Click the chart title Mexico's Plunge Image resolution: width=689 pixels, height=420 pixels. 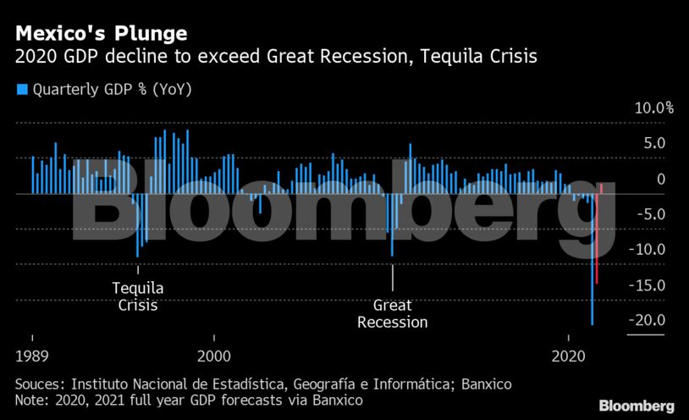tap(100, 35)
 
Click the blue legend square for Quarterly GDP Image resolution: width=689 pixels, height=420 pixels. tap(22, 89)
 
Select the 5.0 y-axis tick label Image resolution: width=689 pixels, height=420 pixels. tap(656, 144)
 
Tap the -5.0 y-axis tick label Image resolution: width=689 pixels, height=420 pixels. tap(653, 214)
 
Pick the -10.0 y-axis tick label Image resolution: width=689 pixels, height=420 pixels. tap(649, 250)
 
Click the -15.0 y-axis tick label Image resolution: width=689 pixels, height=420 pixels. tap(649, 285)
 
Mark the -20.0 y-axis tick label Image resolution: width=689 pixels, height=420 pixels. tap(649, 320)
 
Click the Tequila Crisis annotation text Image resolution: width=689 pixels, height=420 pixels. tap(138, 296)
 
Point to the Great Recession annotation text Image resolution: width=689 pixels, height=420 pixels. tap(392, 313)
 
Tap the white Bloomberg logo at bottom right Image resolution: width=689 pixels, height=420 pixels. tap(637, 406)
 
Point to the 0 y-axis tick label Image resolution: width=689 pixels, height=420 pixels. tap(660, 180)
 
